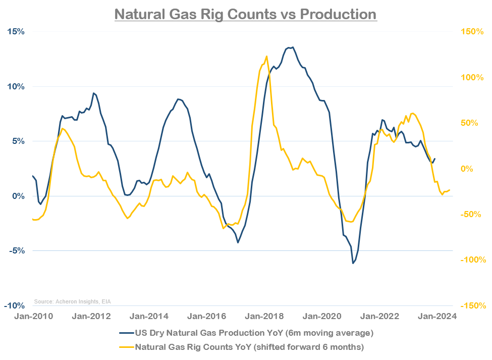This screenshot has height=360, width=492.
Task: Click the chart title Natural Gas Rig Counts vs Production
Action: [x=245, y=14]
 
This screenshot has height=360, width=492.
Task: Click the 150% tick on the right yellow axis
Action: [x=472, y=31]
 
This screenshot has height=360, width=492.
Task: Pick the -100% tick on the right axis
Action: [x=472, y=260]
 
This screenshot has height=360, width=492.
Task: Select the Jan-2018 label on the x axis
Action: [x=260, y=317]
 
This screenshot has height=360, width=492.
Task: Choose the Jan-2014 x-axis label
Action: [x=146, y=317]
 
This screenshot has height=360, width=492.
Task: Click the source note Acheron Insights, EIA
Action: [x=72, y=302]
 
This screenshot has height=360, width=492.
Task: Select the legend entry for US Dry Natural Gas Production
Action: [x=246, y=333]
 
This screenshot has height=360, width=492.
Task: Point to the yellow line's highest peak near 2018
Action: [x=266, y=56]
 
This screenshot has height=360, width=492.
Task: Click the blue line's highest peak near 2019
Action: [x=293, y=47]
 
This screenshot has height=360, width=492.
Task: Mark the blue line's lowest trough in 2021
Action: [x=353, y=263]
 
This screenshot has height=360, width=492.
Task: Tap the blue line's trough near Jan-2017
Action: [x=238, y=242]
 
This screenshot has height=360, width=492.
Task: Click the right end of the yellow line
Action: [x=449, y=190]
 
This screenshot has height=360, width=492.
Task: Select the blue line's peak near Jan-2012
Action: [x=93, y=93]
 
